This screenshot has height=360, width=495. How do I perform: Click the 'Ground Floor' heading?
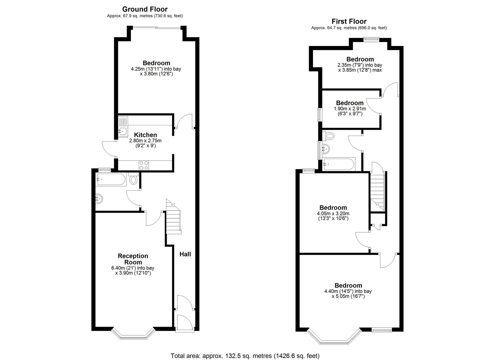145,9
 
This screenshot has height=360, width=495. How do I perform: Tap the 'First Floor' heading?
349,22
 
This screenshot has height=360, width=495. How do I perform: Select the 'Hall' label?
185,254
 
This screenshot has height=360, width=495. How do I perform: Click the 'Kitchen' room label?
145,135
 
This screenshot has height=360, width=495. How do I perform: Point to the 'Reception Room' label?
133,259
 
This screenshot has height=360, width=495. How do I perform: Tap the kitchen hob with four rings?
144,165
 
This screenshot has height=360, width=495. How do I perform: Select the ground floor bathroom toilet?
133,180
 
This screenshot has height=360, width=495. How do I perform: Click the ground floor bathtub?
111,180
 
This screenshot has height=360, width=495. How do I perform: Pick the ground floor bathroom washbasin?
99,199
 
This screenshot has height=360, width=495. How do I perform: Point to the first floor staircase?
378,192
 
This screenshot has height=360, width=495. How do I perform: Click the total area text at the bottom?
245,356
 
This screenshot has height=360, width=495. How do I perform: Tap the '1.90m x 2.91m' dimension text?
350,109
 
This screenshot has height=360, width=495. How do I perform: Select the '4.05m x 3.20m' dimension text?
333,214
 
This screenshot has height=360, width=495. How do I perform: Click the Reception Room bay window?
133,335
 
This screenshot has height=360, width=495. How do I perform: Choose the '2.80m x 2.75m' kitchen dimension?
145,141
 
